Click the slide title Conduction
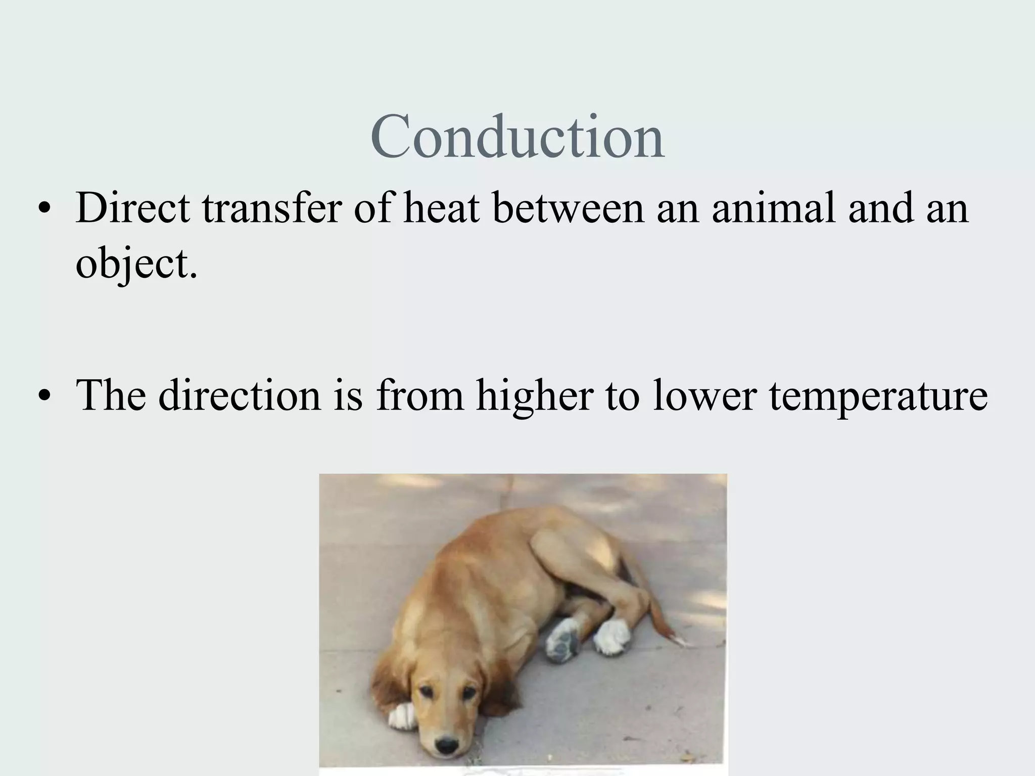[517, 137]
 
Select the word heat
[441, 208]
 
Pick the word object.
[135, 263]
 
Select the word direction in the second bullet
[240, 395]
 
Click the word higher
[534, 395]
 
